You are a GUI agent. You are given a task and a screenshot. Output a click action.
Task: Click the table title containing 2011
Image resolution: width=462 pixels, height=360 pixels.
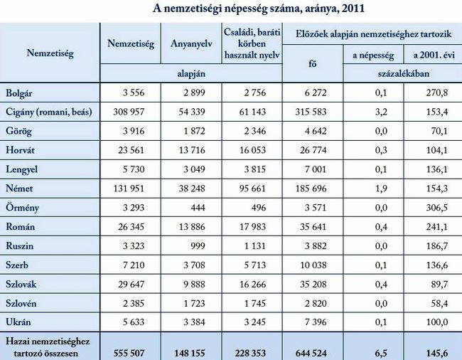click(x=259, y=9)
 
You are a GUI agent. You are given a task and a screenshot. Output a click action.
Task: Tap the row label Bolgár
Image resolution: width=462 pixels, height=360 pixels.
click(x=19, y=92)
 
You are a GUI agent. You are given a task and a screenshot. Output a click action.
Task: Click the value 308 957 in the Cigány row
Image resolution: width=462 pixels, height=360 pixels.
click(x=134, y=112)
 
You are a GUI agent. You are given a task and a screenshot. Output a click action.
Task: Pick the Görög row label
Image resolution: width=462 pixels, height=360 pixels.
click(x=18, y=132)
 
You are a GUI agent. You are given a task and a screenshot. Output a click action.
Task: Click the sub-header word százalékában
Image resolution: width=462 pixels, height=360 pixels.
click(x=402, y=73)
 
